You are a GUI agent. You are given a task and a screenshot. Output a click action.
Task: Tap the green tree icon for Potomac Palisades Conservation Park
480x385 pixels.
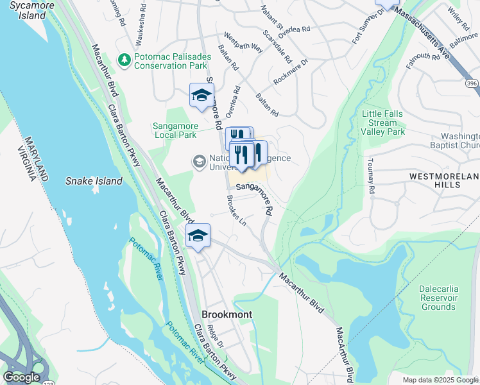[x=124, y=60]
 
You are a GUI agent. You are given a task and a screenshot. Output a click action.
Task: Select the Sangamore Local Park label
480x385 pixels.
[x=175, y=130]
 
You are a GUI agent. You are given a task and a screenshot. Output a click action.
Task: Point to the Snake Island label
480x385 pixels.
[x=94, y=181]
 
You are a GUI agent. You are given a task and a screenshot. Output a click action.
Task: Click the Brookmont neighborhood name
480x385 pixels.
[x=227, y=315]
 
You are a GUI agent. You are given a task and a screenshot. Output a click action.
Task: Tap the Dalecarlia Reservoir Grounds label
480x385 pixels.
[x=438, y=298]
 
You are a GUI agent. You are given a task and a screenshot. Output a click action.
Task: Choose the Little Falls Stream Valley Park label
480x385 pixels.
[x=383, y=123]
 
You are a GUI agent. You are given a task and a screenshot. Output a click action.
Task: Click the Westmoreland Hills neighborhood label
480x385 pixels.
[x=445, y=180]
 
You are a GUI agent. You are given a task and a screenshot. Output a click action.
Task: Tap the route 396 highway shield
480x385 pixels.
[x=472, y=84]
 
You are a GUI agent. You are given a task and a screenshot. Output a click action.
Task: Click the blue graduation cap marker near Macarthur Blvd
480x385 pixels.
[x=198, y=235]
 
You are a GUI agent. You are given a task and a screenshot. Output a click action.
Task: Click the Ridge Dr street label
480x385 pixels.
[x=216, y=339]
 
